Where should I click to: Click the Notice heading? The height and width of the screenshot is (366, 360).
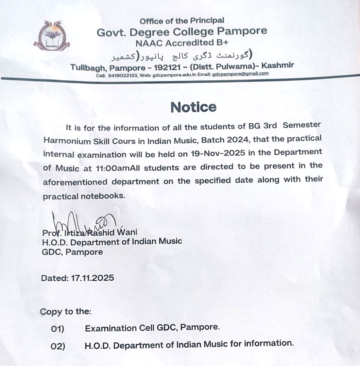pyautogui.click(x=193, y=107)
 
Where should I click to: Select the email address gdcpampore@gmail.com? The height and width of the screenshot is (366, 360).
pyautogui.click(x=240, y=74)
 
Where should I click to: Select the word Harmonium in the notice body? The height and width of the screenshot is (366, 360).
pyautogui.click(x=62, y=141)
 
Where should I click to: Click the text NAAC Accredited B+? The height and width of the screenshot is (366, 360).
pyautogui.click(x=182, y=43)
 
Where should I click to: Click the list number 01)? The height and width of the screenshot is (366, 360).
pyautogui.click(x=58, y=329)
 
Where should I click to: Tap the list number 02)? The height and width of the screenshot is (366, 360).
pyautogui.click(x=58, y=346)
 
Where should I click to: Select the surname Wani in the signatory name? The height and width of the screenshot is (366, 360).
pyautogui.click(x=127, y=233)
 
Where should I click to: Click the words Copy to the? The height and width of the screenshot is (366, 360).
pyautogui.click(x=65, y=312)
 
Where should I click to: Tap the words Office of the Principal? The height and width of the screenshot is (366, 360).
pyautogui.click(x=182, y=21)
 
